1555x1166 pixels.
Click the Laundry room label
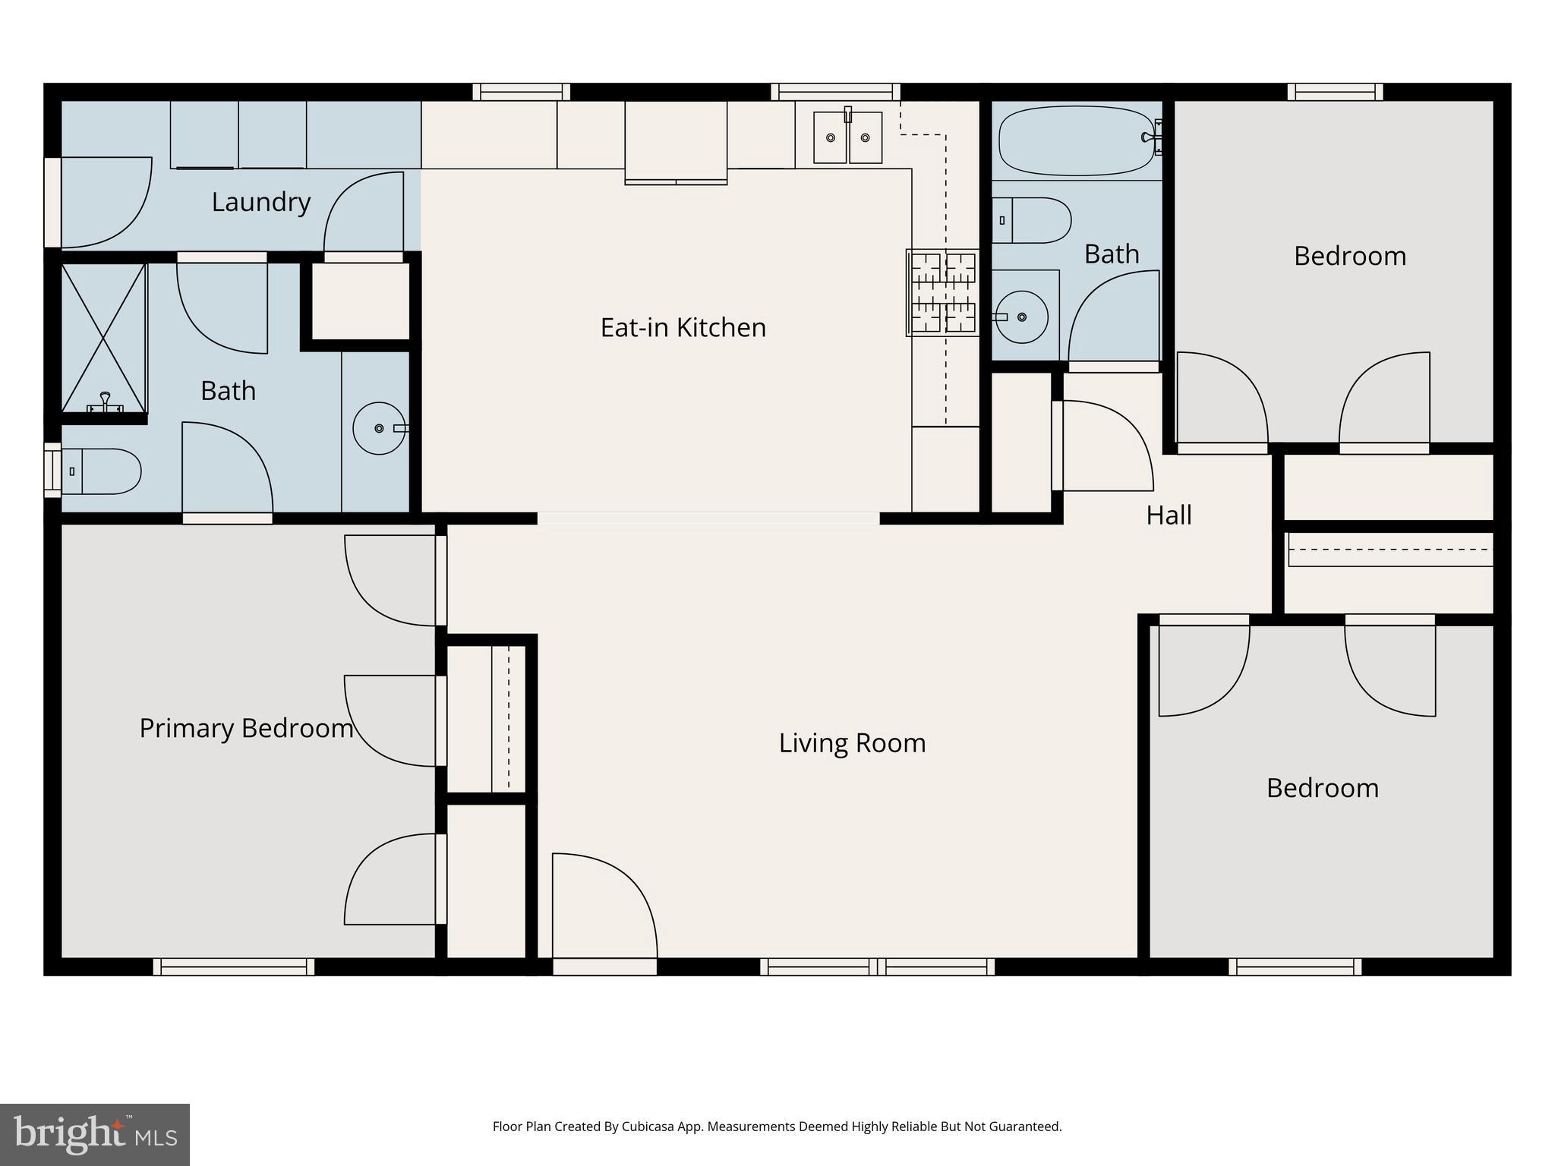261,202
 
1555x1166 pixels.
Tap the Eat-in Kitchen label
683,327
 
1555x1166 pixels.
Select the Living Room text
852,742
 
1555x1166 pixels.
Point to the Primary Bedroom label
246,728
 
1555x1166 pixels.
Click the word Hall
1169,515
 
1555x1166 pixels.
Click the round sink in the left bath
379,429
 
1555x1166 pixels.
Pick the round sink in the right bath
1022,317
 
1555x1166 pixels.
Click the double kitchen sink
847,137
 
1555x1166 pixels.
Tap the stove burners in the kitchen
943,293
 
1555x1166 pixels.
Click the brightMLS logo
94,1134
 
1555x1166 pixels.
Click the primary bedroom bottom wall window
233,966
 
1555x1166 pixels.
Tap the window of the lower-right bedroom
1295,966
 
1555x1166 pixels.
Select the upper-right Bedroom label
1349,256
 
